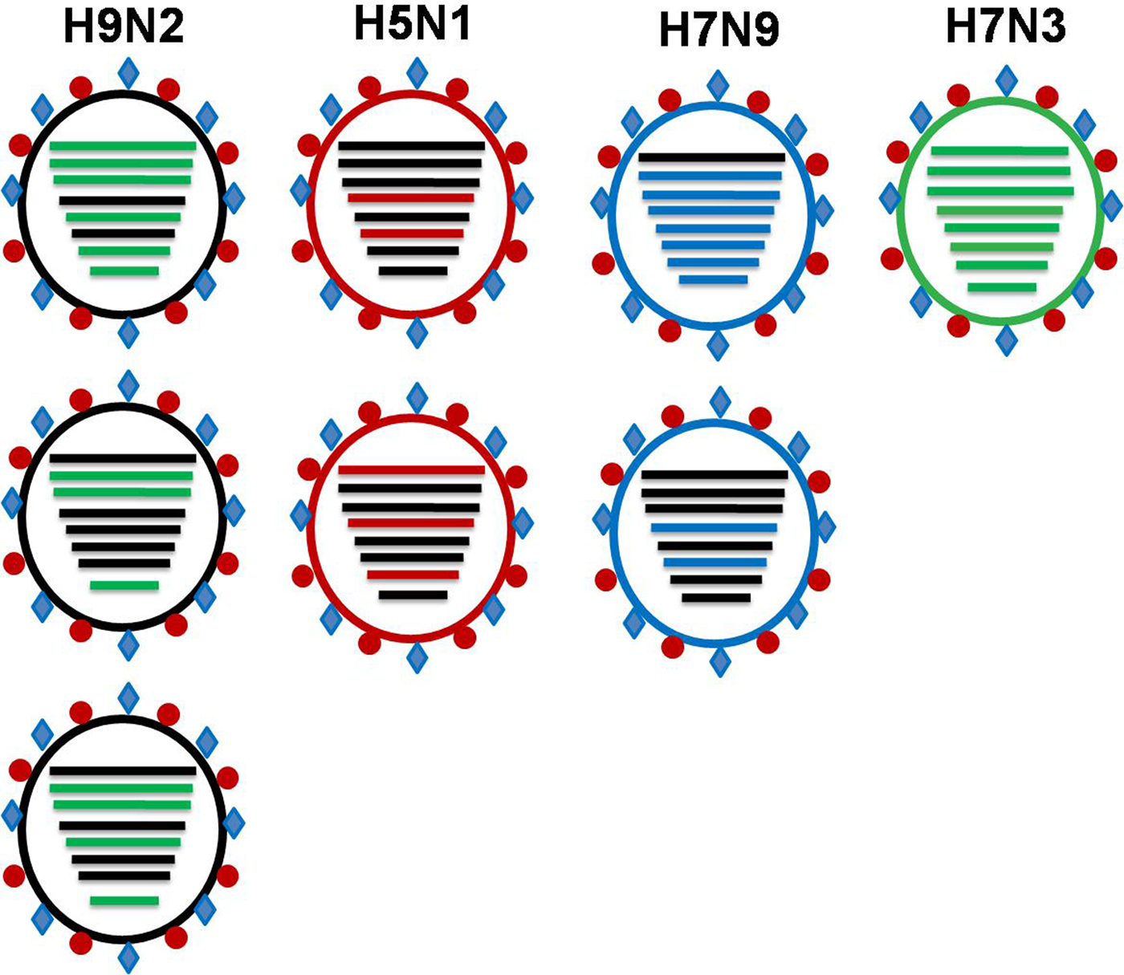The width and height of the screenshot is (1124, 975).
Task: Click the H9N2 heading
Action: coord(124,26)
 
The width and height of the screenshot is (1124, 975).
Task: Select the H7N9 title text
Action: coord(719,30)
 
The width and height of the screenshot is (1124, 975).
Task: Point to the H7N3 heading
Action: coord(1006,26)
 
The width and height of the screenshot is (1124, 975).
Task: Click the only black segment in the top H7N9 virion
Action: coord(712,157)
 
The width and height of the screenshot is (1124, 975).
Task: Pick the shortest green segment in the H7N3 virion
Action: coord(1001,287)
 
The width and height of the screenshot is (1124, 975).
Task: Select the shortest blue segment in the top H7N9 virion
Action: coord(713,280)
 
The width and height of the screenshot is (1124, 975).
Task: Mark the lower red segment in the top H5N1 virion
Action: coord(411,234)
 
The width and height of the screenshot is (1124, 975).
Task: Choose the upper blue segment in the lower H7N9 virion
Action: coord(714,528)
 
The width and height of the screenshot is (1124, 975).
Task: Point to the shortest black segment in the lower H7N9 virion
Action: coord(716,598)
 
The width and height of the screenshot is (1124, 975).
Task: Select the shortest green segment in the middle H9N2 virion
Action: coord(124,585)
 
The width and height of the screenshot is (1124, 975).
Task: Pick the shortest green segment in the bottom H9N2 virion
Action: coord(124,900)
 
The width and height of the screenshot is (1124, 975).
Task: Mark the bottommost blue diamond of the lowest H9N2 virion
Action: coord(128,957)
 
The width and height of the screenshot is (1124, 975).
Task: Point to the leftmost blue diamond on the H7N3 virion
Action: coord(890,197)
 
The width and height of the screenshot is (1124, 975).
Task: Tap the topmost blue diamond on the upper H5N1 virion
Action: coord(417,73)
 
